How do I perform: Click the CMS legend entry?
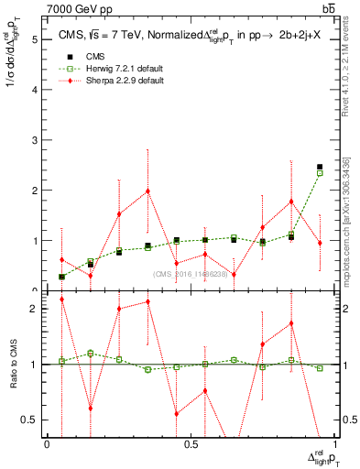coord(81,57)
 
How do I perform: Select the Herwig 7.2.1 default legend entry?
coord(101,69)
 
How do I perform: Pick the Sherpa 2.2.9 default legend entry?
coord(101,81)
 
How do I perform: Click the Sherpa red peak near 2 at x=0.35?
coord(147,191)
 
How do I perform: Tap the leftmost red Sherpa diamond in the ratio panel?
coord(61,300)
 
